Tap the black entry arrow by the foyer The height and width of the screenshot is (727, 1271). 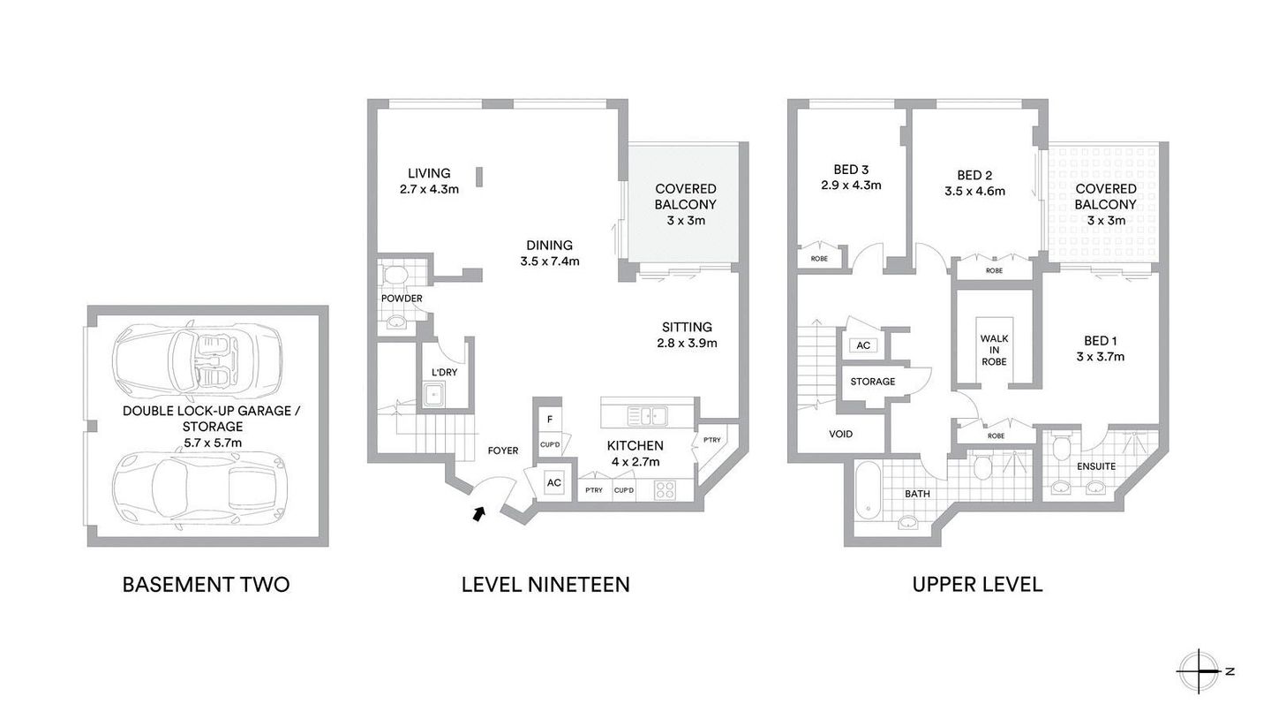(x=478, y=512)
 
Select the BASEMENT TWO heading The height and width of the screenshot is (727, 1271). (x=206, y=584)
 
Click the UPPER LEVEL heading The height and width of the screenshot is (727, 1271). (x=977, y=584)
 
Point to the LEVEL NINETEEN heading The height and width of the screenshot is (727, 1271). (x=545, y=584)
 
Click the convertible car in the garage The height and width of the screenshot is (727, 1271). (x=197, y=360)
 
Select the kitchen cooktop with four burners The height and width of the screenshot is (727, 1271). (x=665, y=489)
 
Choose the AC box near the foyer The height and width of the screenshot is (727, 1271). (x=553, y=483)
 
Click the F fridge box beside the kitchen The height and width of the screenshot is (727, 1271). (x=550, y=419)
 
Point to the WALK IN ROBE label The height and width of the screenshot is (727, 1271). (x=994, y=350)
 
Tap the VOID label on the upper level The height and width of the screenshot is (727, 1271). (x=841, y=434)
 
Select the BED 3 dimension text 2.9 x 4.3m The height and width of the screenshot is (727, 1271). (x=851, y=186)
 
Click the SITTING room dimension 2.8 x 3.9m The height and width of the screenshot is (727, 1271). (x=688, y=343)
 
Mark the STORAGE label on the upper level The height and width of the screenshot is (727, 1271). (x=873, y=382)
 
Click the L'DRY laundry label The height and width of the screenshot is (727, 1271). (x=444, y=372)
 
